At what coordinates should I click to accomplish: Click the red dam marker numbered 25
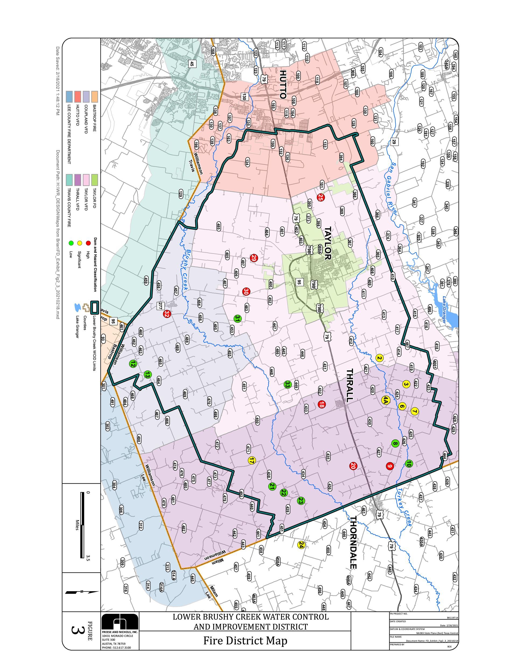pos(320,197)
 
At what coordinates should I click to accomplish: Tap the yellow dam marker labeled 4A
pos(385,400)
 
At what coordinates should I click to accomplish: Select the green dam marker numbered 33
pos(287,384)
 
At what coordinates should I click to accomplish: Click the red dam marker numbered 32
pos(167,314)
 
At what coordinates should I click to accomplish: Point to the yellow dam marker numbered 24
pos(301,545)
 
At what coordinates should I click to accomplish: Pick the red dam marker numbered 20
pos(352,466)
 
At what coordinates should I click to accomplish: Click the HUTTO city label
pos(282,84)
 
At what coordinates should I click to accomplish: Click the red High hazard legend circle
pos(88,243)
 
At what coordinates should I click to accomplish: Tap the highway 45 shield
pos(192,64)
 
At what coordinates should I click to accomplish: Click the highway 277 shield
pos(160,306)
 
